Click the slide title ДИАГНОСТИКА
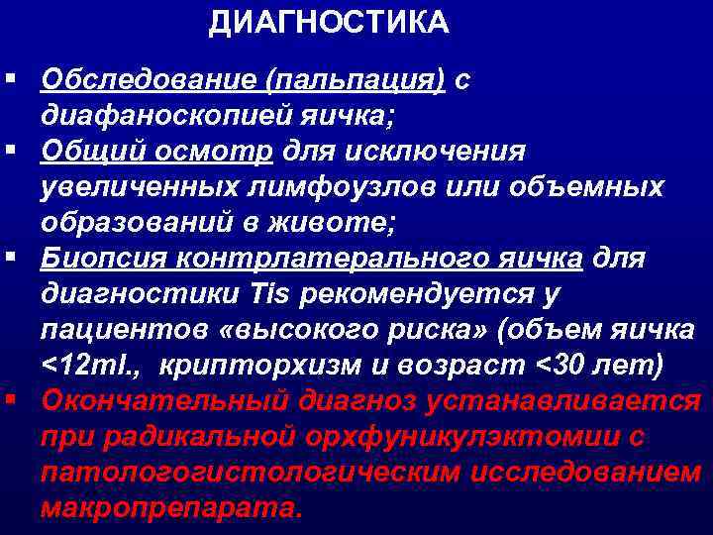(328, 22)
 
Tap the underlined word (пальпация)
(361, 80)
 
